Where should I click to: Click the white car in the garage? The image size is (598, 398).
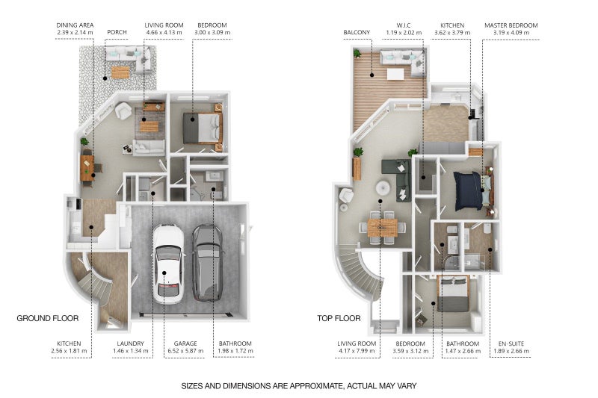[168, 264]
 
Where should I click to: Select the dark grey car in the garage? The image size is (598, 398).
[208, 262]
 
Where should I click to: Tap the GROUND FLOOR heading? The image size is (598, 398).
[48, 318]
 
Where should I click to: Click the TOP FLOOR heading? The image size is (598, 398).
[339, 318]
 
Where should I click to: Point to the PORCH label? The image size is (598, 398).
[117, 32]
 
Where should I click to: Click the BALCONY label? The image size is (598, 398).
[357, 32]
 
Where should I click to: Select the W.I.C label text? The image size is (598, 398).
[404, 25]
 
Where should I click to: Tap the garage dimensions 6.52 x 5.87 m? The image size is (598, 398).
[185, 351]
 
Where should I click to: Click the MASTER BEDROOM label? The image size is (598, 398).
[511, 25]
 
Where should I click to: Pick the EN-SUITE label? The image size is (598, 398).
[511, 343]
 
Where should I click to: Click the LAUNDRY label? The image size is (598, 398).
[130, 343]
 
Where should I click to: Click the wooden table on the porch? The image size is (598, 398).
[120, 72]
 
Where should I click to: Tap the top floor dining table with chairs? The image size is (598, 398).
[383, 228]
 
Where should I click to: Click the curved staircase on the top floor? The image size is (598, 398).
[359, 273]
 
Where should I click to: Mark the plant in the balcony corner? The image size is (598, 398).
[357, 53]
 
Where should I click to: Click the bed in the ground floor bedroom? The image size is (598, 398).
[203, 128]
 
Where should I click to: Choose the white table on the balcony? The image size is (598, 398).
[395, 73]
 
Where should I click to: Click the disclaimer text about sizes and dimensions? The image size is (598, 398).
[298, 386]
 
